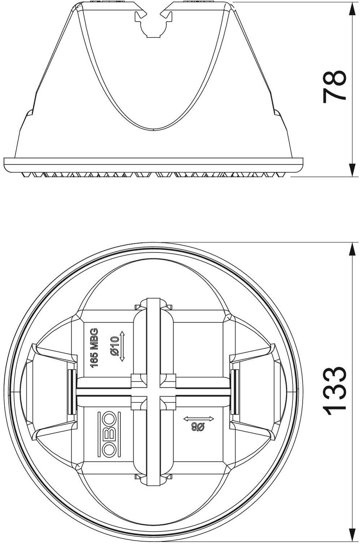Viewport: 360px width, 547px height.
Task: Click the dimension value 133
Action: click(334, 391)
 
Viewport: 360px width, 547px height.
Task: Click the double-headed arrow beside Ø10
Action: click(122, 346)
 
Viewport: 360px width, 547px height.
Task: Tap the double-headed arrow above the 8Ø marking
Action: click(199, 419)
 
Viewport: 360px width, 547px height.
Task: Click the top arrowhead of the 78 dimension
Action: click(352, 10)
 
